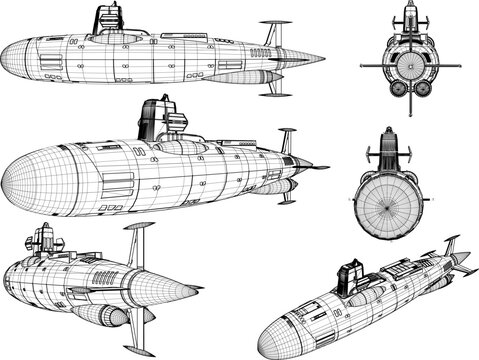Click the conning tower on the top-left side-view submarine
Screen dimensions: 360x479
click(x=105, y=20)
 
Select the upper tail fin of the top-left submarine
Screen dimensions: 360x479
click(x=270, y=32)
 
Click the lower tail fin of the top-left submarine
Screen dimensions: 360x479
click(x=272, y=87)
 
